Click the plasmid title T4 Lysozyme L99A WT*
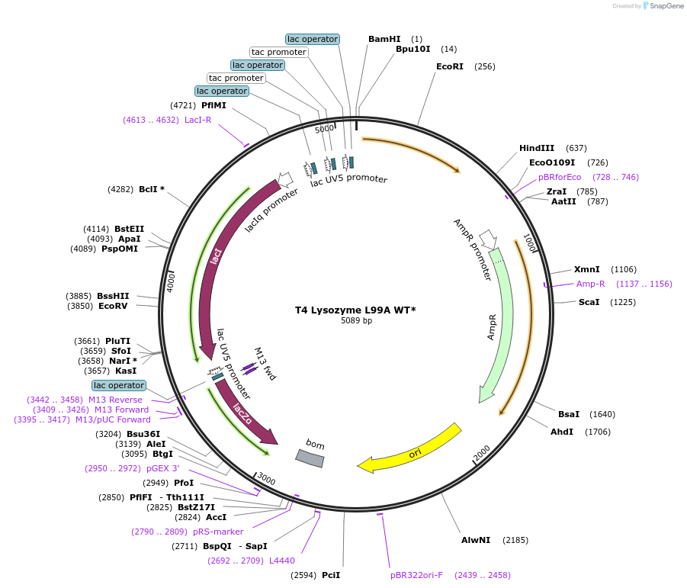tap(355, 310)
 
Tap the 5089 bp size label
tap(356, 321)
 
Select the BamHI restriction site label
tap(384, 39)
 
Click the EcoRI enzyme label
tap(450, 66)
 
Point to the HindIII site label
tap(537, 148)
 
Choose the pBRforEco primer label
tap(560, 177)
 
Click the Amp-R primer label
tap(590, 284)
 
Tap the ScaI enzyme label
tap(589, 302)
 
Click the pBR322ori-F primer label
tap(416, 575)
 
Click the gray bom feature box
tap(310, 457)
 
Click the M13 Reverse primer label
tap(115, 400)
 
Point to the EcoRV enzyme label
tap(114, 306)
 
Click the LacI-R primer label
tap(197, 120)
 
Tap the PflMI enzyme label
tap(213, 105)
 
